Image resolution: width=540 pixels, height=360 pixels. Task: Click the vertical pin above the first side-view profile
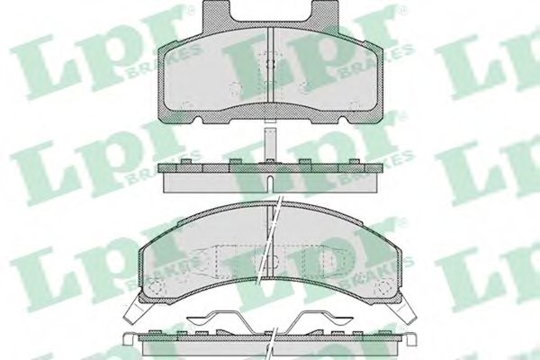click(270, 142)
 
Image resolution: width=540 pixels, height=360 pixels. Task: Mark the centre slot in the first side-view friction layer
click(270, 179)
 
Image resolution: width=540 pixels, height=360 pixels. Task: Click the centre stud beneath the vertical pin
click(270, 162)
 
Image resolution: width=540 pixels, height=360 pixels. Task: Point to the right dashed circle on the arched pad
click(390, 289)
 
